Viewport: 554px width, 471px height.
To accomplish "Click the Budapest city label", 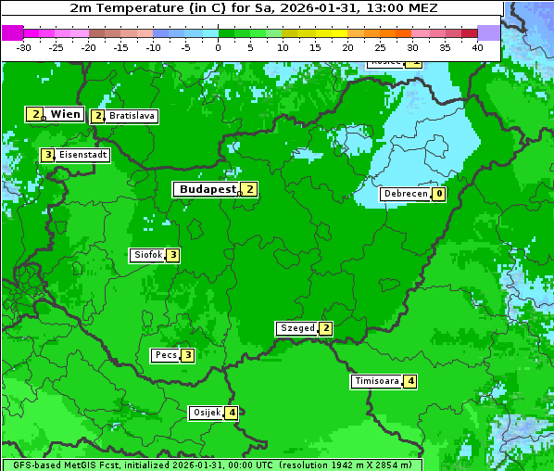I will [208, 189].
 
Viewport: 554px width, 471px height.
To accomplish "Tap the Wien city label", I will [65, 114].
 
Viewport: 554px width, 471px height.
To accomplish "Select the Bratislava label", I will [131, 117].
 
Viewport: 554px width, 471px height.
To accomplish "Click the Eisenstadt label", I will [83, 155].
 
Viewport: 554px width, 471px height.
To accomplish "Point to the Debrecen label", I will [405, 195].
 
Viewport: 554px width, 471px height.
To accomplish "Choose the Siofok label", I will [147, 255].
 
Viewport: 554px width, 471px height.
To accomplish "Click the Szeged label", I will [296, 328].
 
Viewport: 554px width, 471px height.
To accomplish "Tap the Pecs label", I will [166, 355].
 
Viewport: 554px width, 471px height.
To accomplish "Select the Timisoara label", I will [377, 381].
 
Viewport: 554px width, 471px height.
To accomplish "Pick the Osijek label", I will [207, 413].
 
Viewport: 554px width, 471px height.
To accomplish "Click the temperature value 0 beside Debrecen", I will [438, 195].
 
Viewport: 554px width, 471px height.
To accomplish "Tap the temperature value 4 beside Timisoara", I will [410, 381].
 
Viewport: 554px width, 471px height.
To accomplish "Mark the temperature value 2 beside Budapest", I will [249, 189].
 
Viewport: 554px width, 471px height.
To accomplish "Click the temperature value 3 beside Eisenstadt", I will [47, 155].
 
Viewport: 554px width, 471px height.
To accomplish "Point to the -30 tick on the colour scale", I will [24, 47].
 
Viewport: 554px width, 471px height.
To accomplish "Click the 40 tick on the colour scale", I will [477, 47].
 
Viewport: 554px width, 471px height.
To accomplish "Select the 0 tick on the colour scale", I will [218, 47].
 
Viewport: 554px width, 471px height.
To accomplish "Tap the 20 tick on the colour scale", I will [347, 47].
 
